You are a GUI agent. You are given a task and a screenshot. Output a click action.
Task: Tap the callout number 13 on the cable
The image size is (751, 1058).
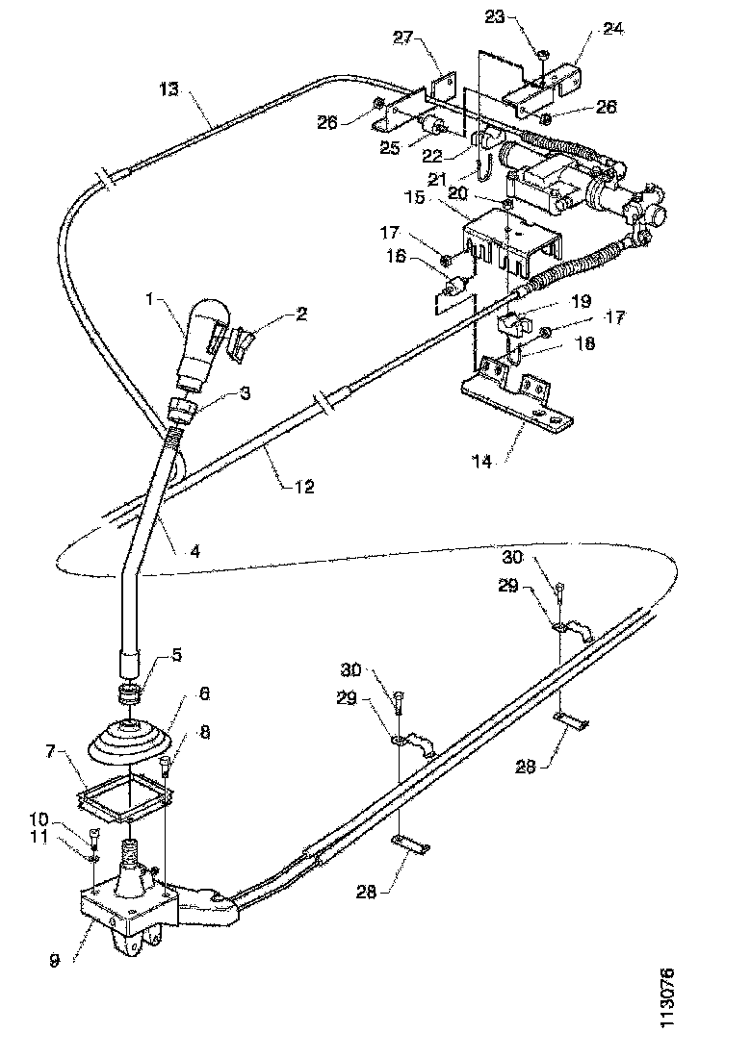(168, 89)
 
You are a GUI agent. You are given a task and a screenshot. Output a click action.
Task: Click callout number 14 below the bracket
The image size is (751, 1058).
(481, 462)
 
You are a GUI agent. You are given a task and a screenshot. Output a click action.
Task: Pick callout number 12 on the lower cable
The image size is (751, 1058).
(303, 487)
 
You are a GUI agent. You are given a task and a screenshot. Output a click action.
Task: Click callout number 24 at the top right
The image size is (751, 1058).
(612, 29)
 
